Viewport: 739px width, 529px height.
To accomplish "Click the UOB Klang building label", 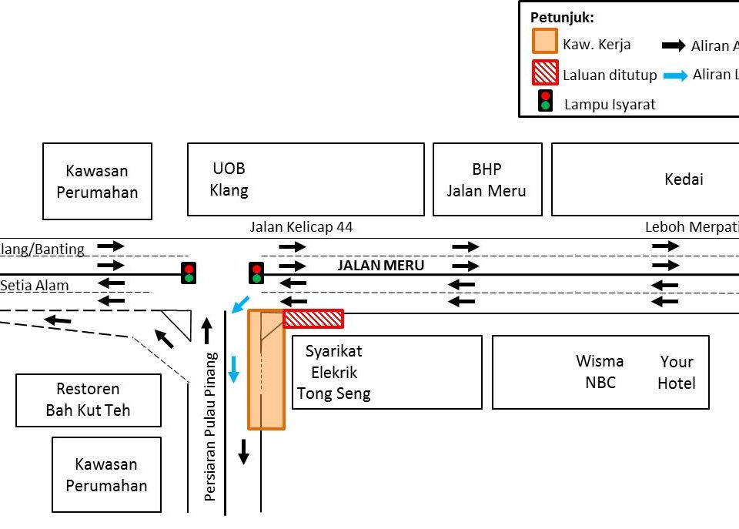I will (x=229, y=179).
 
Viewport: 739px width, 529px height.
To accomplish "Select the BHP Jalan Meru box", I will (x=487, y=179).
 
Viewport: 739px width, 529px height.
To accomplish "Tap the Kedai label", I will (x=684, y=179).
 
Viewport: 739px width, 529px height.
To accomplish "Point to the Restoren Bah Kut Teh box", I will (x=88, y=400).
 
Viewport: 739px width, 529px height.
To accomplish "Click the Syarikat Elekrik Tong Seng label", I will (x=334, y=373).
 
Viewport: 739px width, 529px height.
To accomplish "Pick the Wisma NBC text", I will (x=600, y=371).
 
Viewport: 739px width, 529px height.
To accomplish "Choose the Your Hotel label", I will (x=677, y=372).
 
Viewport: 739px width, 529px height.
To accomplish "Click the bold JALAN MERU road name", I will (x=381, y=266).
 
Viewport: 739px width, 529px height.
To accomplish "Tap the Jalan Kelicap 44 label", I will (x=301, y=227).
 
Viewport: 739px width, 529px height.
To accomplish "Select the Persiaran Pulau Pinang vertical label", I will (x=210, y=427).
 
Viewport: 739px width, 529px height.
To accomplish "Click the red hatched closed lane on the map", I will (x=313, y=319).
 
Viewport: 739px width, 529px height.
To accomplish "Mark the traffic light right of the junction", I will (x=256, y=273).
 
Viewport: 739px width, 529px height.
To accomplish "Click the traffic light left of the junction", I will (x=189, y=273).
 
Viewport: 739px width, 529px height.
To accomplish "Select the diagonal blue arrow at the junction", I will (x=241, y=303).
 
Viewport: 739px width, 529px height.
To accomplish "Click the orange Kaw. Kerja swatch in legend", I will (x=545, y=44).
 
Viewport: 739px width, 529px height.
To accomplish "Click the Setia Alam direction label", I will (x=34, y=286).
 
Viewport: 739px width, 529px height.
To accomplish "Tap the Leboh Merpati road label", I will (x=691, y=227).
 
